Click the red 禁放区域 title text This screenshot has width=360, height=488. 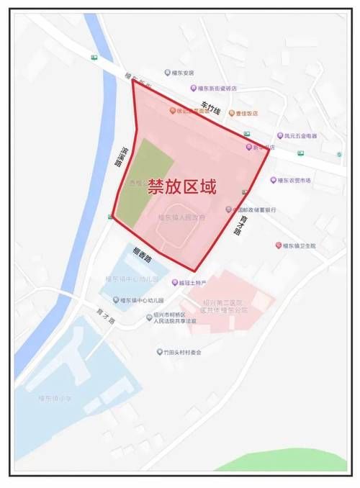tap(181, 187)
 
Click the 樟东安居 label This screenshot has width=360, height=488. tap(182, 73)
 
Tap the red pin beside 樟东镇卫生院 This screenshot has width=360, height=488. tap(278, 245)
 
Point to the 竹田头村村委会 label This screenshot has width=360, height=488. tap(182, 352)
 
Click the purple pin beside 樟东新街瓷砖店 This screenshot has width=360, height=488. tap(194, 89)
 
